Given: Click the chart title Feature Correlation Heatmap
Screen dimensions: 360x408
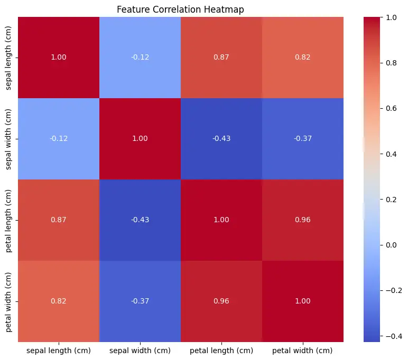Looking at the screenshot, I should click(x=180, y=10).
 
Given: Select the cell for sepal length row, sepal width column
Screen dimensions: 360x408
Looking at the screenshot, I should click(x=140, y=57).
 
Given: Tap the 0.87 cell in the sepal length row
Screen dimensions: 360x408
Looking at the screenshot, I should click(x=222, y=57).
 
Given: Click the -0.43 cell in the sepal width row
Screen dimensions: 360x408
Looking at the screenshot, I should click(x=222, y=138).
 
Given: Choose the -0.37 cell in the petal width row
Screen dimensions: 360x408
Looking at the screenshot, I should click(x=140, y=301).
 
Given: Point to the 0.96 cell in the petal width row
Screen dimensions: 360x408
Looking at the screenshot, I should click(x=222, y=301).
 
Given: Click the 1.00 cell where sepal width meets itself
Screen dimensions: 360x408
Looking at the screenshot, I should click(x=140, y=138).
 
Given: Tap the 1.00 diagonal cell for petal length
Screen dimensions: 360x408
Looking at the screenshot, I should click(x=222, y=220).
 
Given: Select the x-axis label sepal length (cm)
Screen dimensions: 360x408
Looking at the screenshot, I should click(x=59, y=350).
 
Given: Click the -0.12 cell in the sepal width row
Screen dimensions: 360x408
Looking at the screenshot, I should click(x=59, y=138).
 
